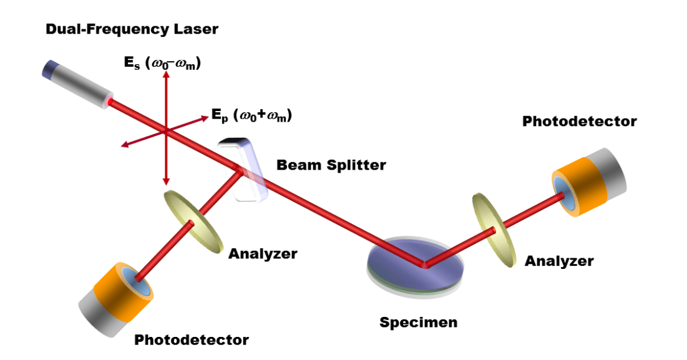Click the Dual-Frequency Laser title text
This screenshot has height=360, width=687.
[132, 29]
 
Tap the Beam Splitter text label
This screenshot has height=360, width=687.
[331, 165]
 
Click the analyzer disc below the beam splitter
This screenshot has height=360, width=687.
[192, 222]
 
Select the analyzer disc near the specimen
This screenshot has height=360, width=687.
[493, 230]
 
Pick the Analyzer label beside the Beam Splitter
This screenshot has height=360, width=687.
[263, 254]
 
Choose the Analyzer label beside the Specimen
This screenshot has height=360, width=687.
[559, 261]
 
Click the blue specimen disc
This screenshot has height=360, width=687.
[415, 263]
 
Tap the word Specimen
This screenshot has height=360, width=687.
[419, 323]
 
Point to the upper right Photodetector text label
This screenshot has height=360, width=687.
[579, 121]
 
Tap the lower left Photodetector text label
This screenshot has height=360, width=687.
[192, 340]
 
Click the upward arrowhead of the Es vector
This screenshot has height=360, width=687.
[166, 74]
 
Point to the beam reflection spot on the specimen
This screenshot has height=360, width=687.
[424, 265]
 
